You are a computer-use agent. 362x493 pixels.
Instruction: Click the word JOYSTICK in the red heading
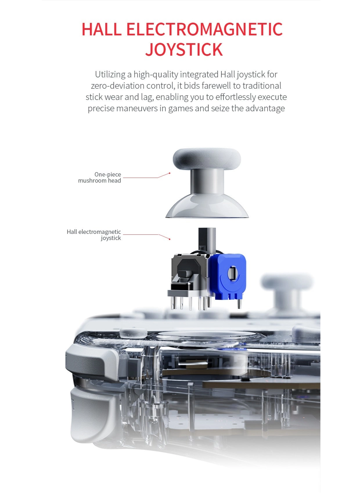pos(184,49)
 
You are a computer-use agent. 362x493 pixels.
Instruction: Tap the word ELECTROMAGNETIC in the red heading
pos(205,29)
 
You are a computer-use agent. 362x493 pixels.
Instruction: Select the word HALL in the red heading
pos(102,29)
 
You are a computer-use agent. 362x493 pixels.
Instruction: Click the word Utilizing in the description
pos(110,74)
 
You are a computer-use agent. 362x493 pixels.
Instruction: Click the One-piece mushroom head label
pos(100,177)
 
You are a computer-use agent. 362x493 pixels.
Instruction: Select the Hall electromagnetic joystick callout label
pos(94,234)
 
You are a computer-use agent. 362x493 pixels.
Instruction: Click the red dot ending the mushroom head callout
pos(170,173)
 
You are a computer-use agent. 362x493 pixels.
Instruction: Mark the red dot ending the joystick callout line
pos(170,239)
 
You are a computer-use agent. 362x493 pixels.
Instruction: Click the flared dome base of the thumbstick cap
pos(207,206)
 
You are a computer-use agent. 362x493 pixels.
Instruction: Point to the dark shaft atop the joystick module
pos(207,240)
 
